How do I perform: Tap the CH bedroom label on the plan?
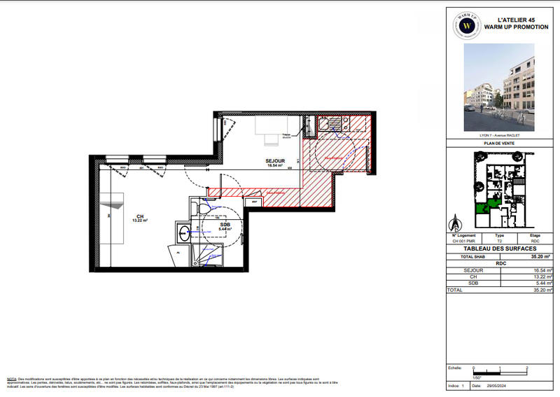click(139, 216)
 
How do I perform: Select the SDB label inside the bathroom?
click(225, 225)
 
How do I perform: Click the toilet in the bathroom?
click(203, 209)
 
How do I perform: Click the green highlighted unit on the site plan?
click(483, 206)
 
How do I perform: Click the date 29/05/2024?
click(496, 386)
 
